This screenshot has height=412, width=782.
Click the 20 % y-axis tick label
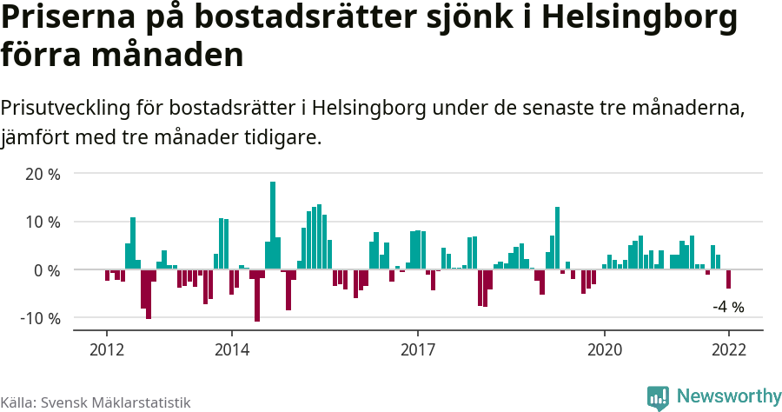coord(43,174)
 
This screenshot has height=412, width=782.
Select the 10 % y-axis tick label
coord(43,222)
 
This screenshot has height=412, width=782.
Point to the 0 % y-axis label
coord(47,270)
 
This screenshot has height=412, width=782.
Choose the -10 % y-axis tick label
coord(40,318)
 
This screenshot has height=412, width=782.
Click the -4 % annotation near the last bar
coord(728,307)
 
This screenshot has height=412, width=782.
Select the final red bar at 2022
coord(728,279)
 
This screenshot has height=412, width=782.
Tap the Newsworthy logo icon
coord(658,397)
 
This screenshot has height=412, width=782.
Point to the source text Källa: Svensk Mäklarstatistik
coord(96,402)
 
